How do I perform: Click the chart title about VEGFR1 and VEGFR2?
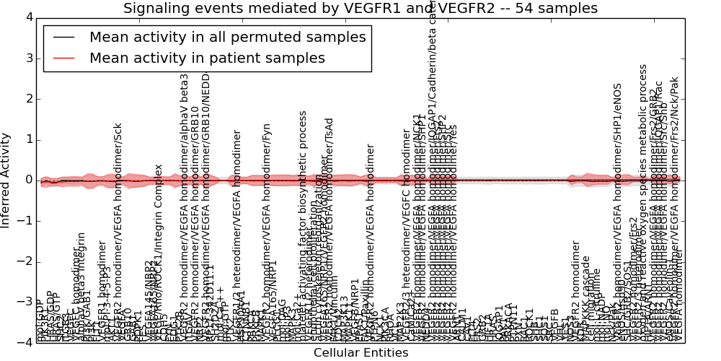coord(360,9)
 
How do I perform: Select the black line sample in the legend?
coord(63,38)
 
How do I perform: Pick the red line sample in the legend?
coord(63,58)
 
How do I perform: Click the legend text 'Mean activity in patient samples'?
coord(207,58)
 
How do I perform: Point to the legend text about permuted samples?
coord(227,38)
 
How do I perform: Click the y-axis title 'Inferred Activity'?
coord(6,180)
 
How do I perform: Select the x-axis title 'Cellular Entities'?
coord(360,353)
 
